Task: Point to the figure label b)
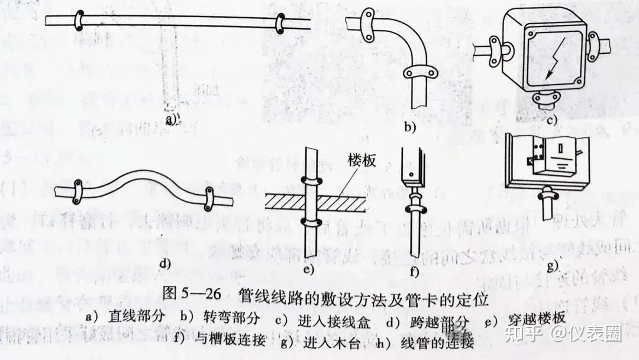(409, 126)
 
